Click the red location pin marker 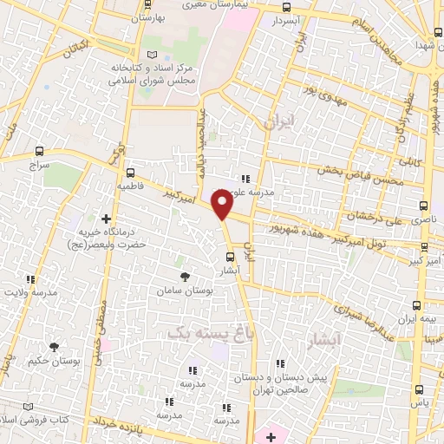point(223,206)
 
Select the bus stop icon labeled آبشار point(230,256)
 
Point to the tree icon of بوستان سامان point(185,277)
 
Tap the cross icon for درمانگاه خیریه point(106,219)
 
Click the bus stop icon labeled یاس point(420,389)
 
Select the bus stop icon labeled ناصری point(423,206)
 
